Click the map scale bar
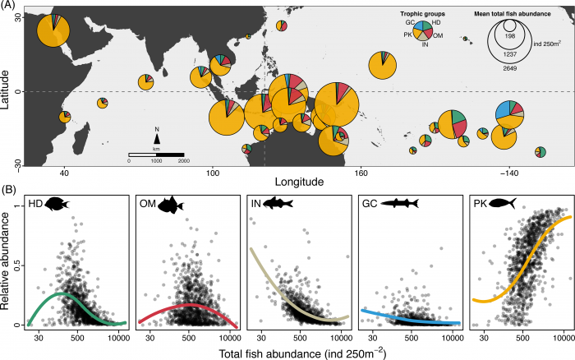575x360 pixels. point(155,155)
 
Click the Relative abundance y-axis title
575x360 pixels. point(8,263)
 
